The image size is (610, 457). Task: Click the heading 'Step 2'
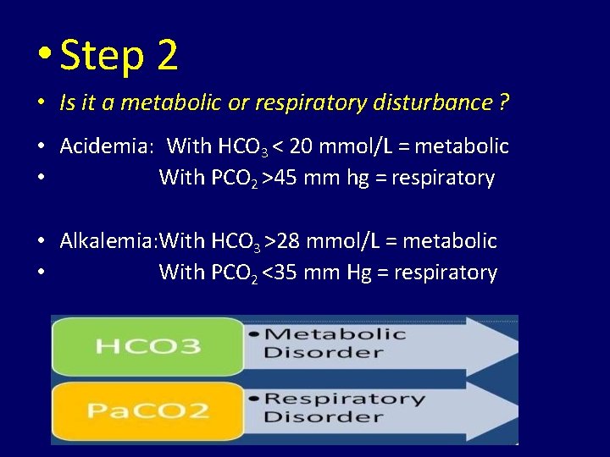[x=119, y=56]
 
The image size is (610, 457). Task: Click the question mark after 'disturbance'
[x=504, y=103]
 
